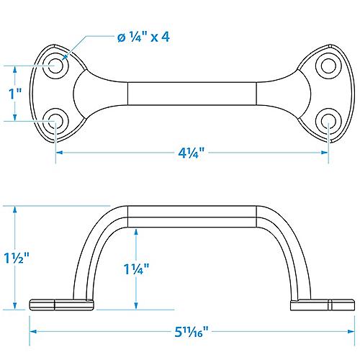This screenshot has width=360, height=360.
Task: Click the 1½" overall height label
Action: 16,258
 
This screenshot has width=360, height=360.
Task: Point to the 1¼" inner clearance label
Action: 136,271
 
